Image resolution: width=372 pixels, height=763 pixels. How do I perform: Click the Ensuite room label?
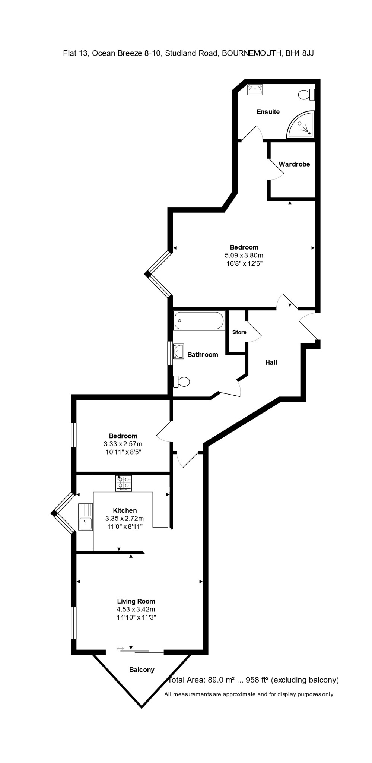click(x=268, y=112)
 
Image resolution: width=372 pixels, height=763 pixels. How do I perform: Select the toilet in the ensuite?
click(x=306, y=95)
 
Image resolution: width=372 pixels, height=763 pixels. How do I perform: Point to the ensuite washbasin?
click(x=255, y=90)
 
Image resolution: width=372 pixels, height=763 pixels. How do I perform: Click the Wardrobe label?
click(x=294, y=164)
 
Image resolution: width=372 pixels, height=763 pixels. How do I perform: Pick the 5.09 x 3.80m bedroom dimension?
click(x=244, y=256)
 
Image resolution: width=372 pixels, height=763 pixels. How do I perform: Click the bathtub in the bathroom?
click(x=199, y=320)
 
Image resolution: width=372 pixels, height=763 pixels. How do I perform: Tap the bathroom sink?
click(x=179, y=351)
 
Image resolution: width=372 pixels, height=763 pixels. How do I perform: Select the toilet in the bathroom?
click(x=182, y=381)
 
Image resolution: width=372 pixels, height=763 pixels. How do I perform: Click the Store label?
click(x=239, y=332)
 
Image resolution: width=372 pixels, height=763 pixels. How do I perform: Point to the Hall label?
click(x=271, y=362)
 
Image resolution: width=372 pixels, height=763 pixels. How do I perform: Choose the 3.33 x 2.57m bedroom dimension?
click(x=123, y=444)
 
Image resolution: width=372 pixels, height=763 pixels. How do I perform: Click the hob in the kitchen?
click(x=124, y=483)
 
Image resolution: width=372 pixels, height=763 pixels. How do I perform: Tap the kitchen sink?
click(x=85, y=517)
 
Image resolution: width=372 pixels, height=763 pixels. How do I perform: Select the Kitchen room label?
click(x=125, y=511)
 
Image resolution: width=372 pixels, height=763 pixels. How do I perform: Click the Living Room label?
click(x=136, y=601)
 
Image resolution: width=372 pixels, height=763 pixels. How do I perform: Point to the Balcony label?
click(x=142, y=670)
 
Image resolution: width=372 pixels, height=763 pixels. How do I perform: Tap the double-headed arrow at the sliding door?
click(x=120, y=649)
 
